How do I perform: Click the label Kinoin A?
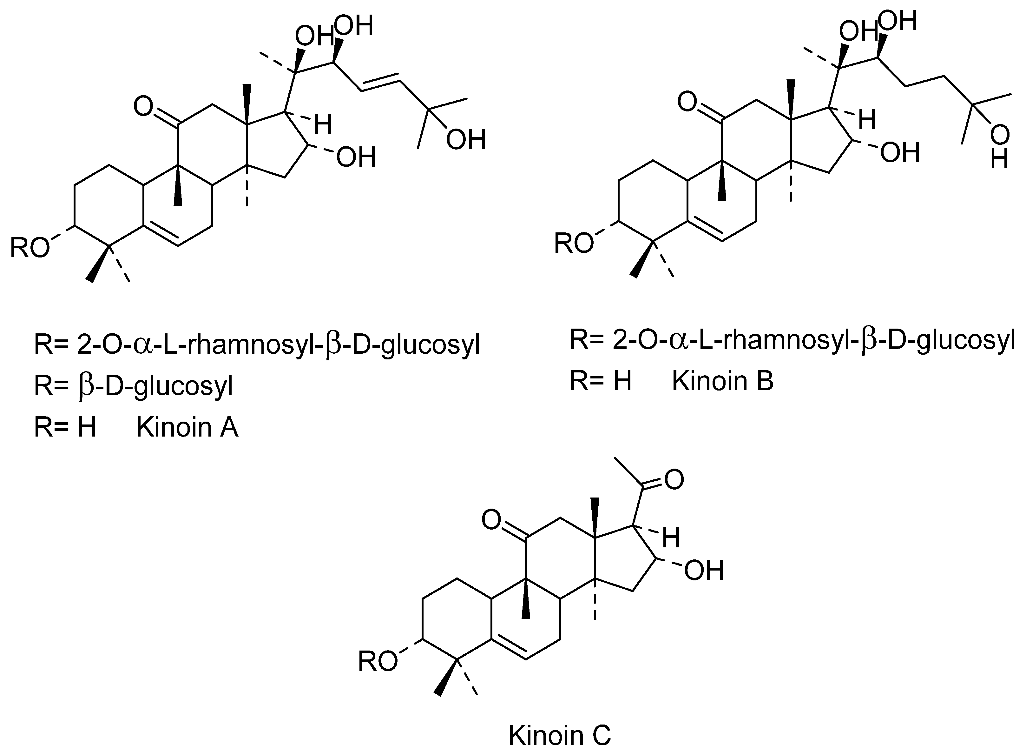(187, 428)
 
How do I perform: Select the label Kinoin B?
(722, 381)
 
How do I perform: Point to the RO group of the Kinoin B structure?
(574, 244)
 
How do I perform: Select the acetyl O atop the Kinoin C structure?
(674, 479)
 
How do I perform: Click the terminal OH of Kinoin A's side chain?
(465, 140)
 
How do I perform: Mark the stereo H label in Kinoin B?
(867, 120)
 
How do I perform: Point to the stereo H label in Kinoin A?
(323, 124)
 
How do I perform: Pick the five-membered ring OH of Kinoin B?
(899, 153)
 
